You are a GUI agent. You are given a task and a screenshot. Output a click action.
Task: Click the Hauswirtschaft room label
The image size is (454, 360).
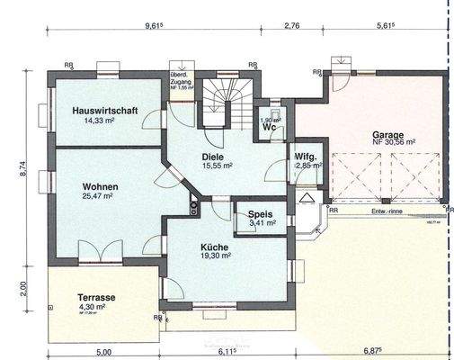104,110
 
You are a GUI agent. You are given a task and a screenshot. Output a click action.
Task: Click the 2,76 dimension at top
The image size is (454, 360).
292,27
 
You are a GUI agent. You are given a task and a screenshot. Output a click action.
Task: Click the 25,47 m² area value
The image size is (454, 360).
97,195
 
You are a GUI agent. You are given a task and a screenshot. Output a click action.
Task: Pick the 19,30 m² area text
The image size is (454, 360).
216,256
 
